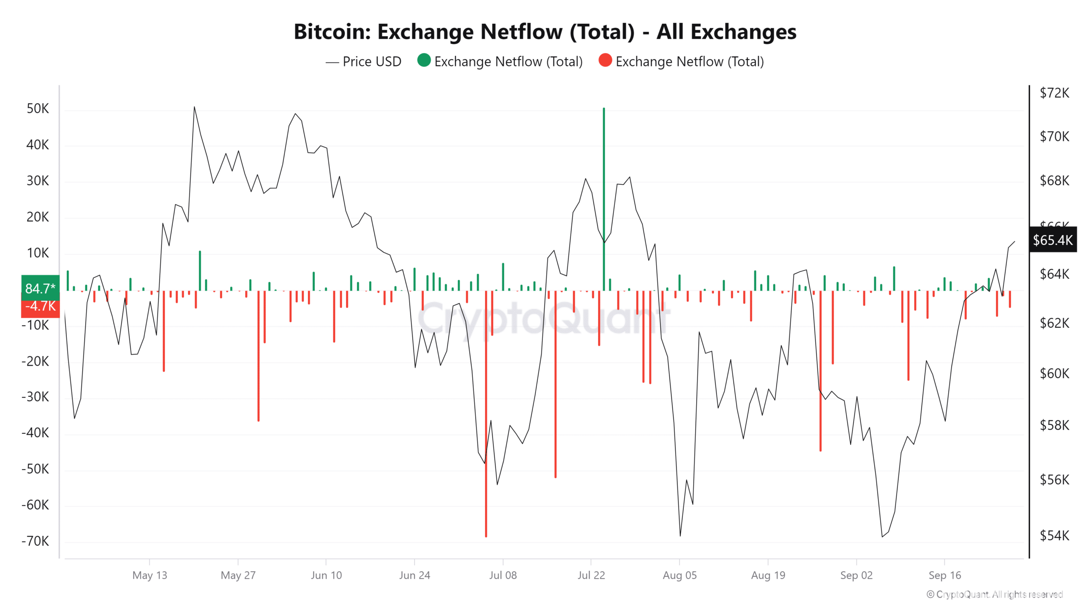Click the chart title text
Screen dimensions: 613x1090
click(x=545, y=32)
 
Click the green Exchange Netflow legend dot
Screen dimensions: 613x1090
click(x=424, y=60)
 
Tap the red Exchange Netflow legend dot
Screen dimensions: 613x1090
click(x=605, y=60)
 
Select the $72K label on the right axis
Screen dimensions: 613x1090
click(x=1054, y=93)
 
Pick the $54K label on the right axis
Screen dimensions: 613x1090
click(x=1054, y=536)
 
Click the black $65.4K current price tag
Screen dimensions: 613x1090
click(x=1053, y=240)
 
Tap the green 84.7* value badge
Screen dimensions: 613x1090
click(x=40, y=288)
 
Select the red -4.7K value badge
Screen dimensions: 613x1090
click(x=40, y=306)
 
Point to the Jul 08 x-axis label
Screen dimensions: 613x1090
click(x=503, y=576)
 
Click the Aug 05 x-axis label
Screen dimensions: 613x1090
click(x=680, y=576)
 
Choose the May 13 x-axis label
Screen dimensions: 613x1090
click(x=149, y=576)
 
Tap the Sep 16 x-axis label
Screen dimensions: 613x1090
click(x=945, y=576)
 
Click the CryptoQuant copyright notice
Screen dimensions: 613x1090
click(x=995, y=594)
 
